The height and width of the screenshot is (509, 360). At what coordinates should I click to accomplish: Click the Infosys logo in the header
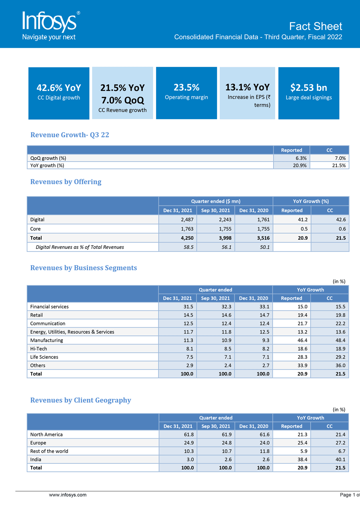49,25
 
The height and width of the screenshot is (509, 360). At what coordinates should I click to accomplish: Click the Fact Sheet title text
316,26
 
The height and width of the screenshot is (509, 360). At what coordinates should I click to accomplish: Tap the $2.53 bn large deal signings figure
308,87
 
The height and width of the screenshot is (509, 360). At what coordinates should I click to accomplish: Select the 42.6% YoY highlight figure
58,88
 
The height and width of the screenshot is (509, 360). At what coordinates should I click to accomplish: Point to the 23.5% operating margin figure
186,87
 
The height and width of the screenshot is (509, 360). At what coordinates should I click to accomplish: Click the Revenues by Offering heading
66,182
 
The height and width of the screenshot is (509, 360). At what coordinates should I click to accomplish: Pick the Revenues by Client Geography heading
80,400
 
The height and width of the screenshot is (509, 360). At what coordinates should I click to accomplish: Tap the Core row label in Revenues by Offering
36,229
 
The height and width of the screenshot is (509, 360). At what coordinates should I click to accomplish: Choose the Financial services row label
49,307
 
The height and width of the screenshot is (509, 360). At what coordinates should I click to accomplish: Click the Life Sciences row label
44,357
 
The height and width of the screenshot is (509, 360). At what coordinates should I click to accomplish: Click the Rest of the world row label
49,451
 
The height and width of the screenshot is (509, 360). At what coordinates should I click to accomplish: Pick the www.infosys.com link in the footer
68,495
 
